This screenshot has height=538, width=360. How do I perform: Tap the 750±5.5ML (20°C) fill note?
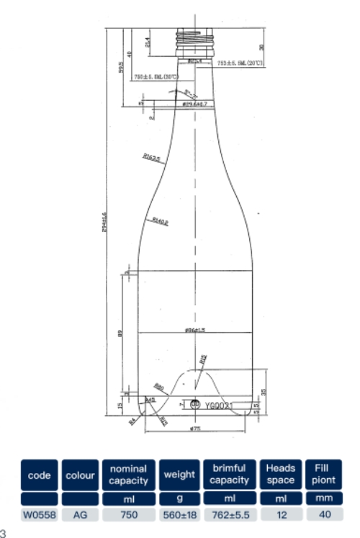pyautogui.click(x=155, y=76)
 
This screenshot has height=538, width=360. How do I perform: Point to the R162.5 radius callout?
pyautogui.click(x=150, y=156)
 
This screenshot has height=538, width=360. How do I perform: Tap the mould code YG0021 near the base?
pyautogui.click(x=220, y=406)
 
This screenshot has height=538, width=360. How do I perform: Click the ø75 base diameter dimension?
pyautogui.click(x=194, y=430)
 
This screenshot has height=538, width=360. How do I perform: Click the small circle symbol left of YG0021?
pyautogui.click(x=194, y=405)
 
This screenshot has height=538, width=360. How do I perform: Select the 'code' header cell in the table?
pyautogui.click(x=39, y=475)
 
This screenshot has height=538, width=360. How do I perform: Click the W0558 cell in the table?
pyautogui.click(x=39, y=514)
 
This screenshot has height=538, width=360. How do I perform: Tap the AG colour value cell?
pyautogui.click(x=80, y=514)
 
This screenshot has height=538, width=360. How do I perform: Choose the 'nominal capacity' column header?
pyautogui.click(x=128, y=475)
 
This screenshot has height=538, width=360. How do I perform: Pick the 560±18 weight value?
pyautogui.click(x=179, y=514)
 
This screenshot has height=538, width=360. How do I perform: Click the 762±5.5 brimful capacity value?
pyautogui.click(x=229, y=514)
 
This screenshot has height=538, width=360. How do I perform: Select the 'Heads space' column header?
pyautogui.click(x=280, y=475)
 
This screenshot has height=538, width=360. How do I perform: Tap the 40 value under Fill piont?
pyautogui.click(x=324, y=514)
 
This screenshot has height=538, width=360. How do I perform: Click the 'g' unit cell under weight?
pyautogui.click(x=179, y=498)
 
